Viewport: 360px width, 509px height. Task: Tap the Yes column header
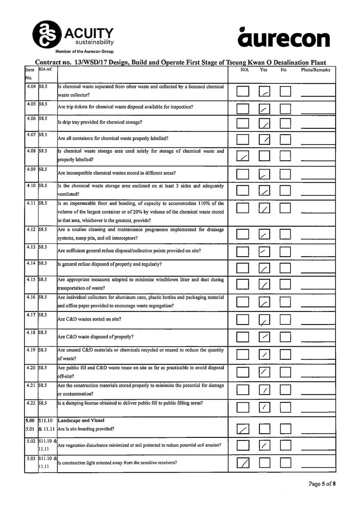click(263, 70)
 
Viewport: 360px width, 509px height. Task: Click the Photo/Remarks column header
click(316, 70)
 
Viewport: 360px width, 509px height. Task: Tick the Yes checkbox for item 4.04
click(264, 92)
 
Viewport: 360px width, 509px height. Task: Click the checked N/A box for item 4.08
click(243, 156)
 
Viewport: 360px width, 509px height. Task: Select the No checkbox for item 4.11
click(285, 208)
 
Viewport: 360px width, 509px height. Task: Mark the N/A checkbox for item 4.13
click(243, 251)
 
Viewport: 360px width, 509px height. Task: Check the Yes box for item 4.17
click(264, 320)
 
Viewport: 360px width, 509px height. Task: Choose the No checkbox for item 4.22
click(285, 407)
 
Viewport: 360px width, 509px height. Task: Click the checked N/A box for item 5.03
click(243, 463)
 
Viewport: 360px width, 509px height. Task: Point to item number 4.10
click(31, 186)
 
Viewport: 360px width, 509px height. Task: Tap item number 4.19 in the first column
click(31, 350)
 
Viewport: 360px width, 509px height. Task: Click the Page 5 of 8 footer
click(322, 484)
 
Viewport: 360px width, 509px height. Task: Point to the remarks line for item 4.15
click(317, 288)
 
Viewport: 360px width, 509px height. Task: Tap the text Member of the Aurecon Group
click(84, 52)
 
